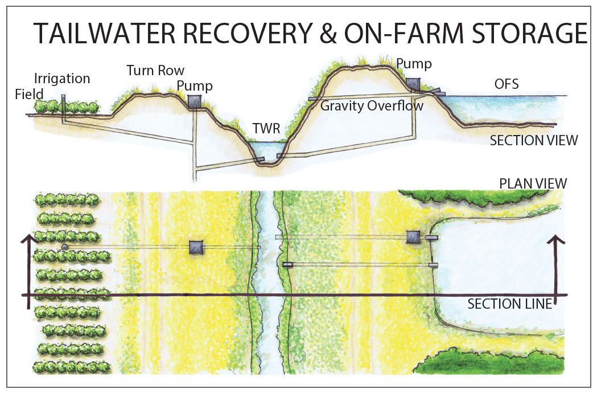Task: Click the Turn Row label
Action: coord(155,71)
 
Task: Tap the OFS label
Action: coord(506,85)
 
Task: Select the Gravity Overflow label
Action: coord(372,106)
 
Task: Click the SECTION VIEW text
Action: coord(533,140)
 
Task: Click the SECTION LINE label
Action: coord(509,304)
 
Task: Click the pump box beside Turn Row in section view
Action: coord(195,101)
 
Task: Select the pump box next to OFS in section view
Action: coord(413,84)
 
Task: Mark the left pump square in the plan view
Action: coord(196,247)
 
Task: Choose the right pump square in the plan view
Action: coord(413,237)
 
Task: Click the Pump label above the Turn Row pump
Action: coord(195,87)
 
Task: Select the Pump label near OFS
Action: coord(414,63)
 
